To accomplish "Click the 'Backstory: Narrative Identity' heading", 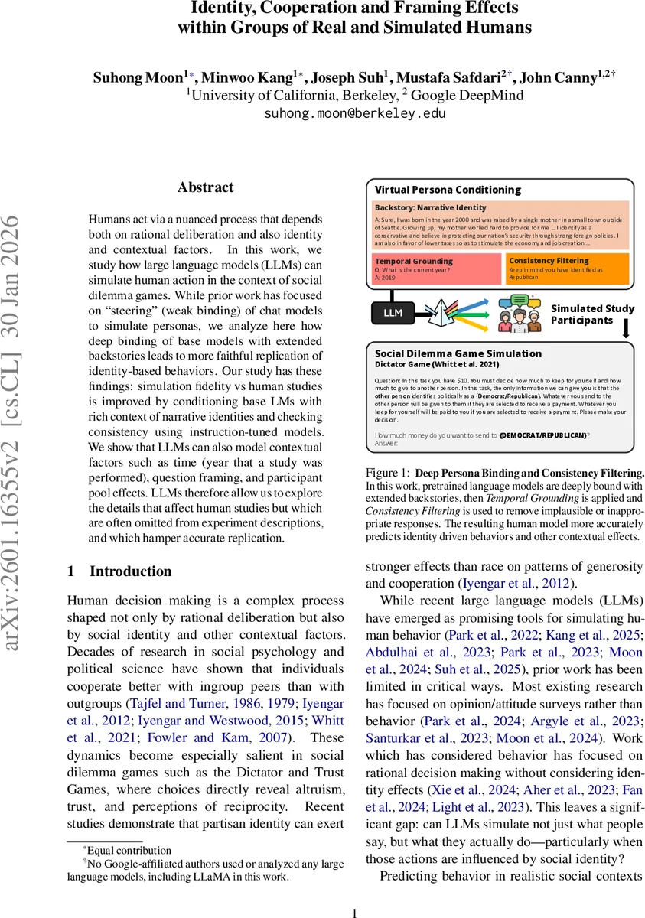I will pos(430,207).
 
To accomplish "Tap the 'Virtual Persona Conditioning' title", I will pos(448,190).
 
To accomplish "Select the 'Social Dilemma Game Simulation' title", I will pos(458,354).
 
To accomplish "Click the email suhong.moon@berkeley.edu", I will pos(354,114).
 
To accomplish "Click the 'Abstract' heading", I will pos(205,187).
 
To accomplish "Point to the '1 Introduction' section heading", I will pos(119,571).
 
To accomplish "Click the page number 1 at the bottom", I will pos(354,913).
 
